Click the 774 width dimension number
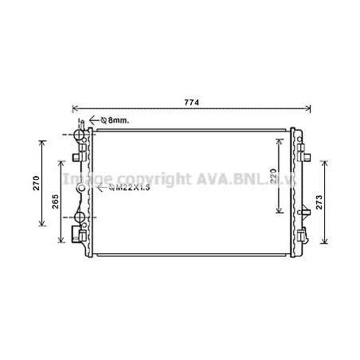click(x=191, y=103)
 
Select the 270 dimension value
click(x=37, y=183)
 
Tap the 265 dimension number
click(x=56, y=202)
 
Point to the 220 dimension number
click(x=273, y=176)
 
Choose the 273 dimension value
click(x=319, y=202)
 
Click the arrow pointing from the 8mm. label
click(x=94, y=120)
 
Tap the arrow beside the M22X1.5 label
click(x=102, y=187)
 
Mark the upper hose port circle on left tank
click(x=79, y=135)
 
